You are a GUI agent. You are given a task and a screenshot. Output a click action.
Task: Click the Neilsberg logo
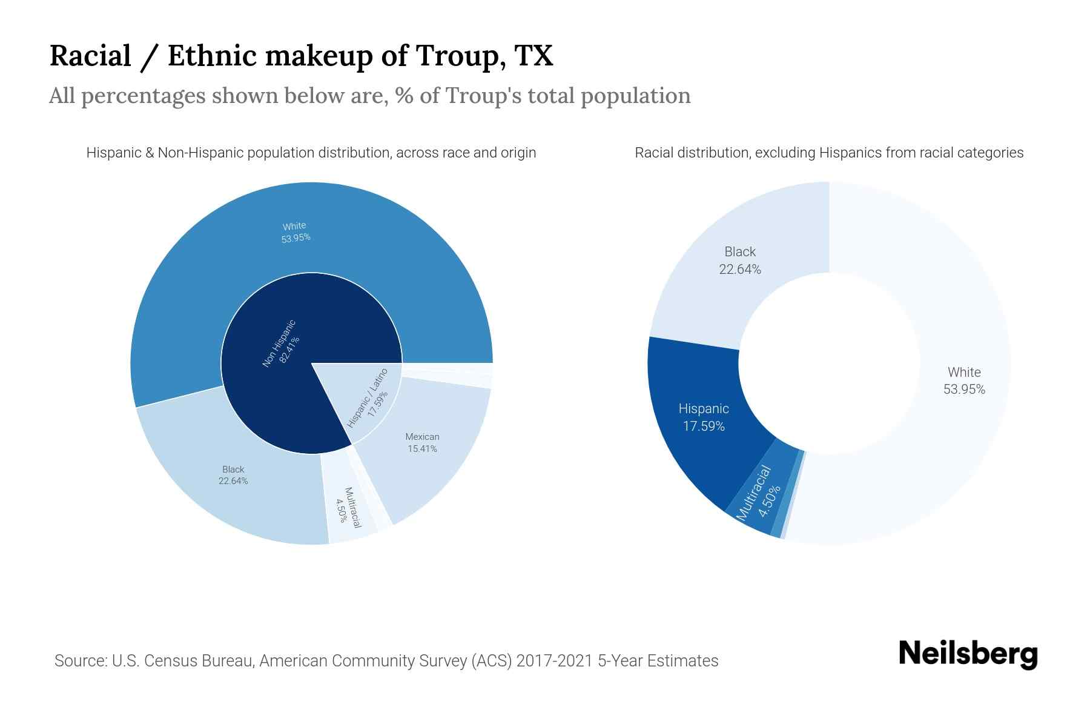coord(968,654)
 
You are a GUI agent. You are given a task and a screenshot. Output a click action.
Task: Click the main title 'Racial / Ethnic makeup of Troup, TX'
coord(301,56)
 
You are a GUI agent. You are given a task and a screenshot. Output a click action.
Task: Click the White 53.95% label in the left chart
coord(295,232)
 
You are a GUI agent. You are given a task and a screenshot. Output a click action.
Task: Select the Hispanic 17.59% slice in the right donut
coord(703,417)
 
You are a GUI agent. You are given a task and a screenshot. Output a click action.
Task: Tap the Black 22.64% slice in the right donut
coord(739,260)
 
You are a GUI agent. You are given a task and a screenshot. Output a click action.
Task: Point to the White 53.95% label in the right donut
coord(964,380)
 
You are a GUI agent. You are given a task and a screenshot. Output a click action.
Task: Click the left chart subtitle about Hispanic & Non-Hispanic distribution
coord(311,153)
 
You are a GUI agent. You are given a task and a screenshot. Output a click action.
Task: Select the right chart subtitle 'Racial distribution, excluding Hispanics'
coord(829,153)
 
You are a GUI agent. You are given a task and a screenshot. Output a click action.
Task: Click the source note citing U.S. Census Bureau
coord(386,660)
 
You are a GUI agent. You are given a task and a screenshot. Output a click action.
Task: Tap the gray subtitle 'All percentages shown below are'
coord(369,96)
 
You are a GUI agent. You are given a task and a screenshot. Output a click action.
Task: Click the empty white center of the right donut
coord(829,363)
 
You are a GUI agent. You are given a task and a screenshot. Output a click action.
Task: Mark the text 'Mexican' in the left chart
coord(422,437)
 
